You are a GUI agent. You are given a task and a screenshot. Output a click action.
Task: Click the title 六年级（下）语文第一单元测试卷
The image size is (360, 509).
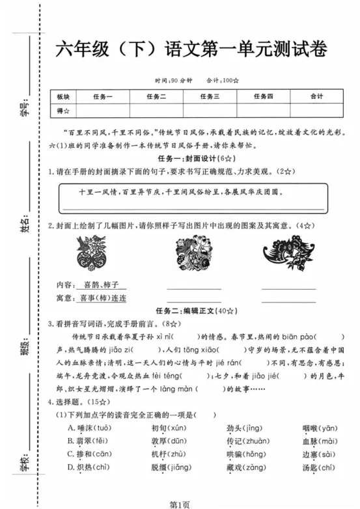(193, 49)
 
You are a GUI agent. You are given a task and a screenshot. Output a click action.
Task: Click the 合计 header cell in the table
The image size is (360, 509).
(316, 96)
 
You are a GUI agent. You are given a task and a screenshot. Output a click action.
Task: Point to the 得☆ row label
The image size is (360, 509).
(63, 111)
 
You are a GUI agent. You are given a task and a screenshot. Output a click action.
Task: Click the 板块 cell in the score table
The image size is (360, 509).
(63, 96)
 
